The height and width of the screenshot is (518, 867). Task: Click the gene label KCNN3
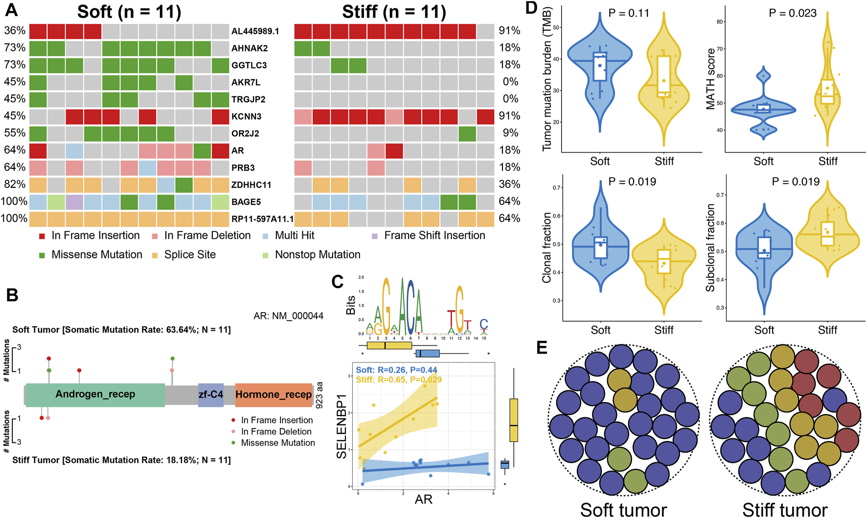click(x=247, y=116)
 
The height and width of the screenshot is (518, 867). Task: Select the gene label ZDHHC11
click(x=251, y=185)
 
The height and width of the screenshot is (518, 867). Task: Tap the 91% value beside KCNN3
click(x=509, y=116)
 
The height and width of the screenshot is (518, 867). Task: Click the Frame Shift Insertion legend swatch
click(x=375, y=236)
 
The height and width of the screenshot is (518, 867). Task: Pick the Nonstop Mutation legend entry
click(x=318, y=255)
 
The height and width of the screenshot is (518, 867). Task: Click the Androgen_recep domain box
click(x=95, y=394)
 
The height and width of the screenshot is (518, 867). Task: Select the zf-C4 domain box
click(x=211, y=394)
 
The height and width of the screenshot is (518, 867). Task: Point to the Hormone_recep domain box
click(x=274, y=394)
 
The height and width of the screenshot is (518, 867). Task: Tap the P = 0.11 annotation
click(x=629, y=13)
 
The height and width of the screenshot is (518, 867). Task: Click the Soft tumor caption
click(x=623, y=510)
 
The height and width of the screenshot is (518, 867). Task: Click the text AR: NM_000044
click(x=288, y=316)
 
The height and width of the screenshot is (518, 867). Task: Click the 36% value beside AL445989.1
click(x=15, y=31)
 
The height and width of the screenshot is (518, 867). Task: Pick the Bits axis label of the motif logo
click(x=350, y=304)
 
